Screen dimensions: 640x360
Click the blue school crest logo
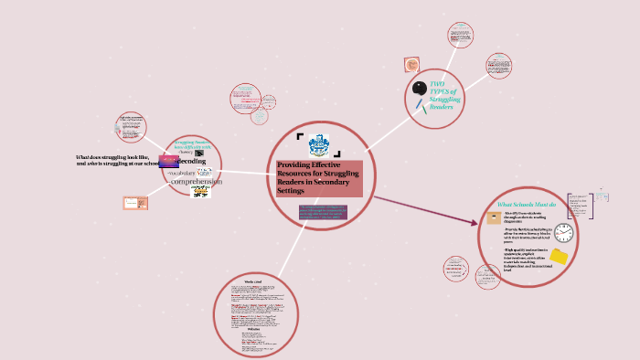319,144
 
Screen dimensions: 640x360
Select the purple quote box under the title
324,215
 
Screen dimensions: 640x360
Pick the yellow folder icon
558,256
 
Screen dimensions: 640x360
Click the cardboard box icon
494,217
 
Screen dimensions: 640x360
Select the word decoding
191,162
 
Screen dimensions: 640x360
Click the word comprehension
197,182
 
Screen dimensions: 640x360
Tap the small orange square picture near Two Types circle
411,66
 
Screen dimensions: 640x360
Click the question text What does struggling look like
119,157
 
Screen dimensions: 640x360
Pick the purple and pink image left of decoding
168,162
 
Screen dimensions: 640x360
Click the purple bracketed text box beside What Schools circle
577,205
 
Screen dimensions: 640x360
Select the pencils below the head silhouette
421,104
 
